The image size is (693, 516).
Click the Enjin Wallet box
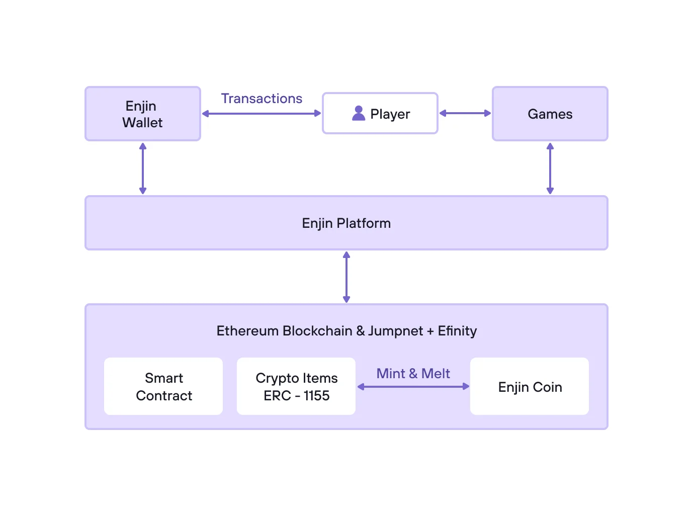coord(143,114)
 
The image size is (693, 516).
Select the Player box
coord(380,114)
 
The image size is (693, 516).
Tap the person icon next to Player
coord(359,113)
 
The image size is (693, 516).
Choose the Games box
coord(550,114)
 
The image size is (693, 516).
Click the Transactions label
coord(262,99)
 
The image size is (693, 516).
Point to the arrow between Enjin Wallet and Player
coord(262,114)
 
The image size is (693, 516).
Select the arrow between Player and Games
coord(465,114)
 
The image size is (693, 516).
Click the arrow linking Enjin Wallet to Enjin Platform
coord(143,168)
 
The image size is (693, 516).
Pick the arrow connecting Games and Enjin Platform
coord(550,168)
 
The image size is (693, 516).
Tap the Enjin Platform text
coord(346,223)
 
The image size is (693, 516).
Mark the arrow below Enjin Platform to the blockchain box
coord(346,277)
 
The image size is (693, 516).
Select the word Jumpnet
coord(395,331)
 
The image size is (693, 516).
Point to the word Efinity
coord(457,331)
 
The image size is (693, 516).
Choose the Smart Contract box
coord(163,386)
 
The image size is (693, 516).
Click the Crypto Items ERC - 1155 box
coord(296,386)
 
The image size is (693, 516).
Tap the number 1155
coord(316,396)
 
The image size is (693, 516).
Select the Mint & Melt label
coord(413,374)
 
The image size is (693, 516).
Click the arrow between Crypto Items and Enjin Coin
coord(413,387)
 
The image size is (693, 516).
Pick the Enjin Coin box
coord(530,387)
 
